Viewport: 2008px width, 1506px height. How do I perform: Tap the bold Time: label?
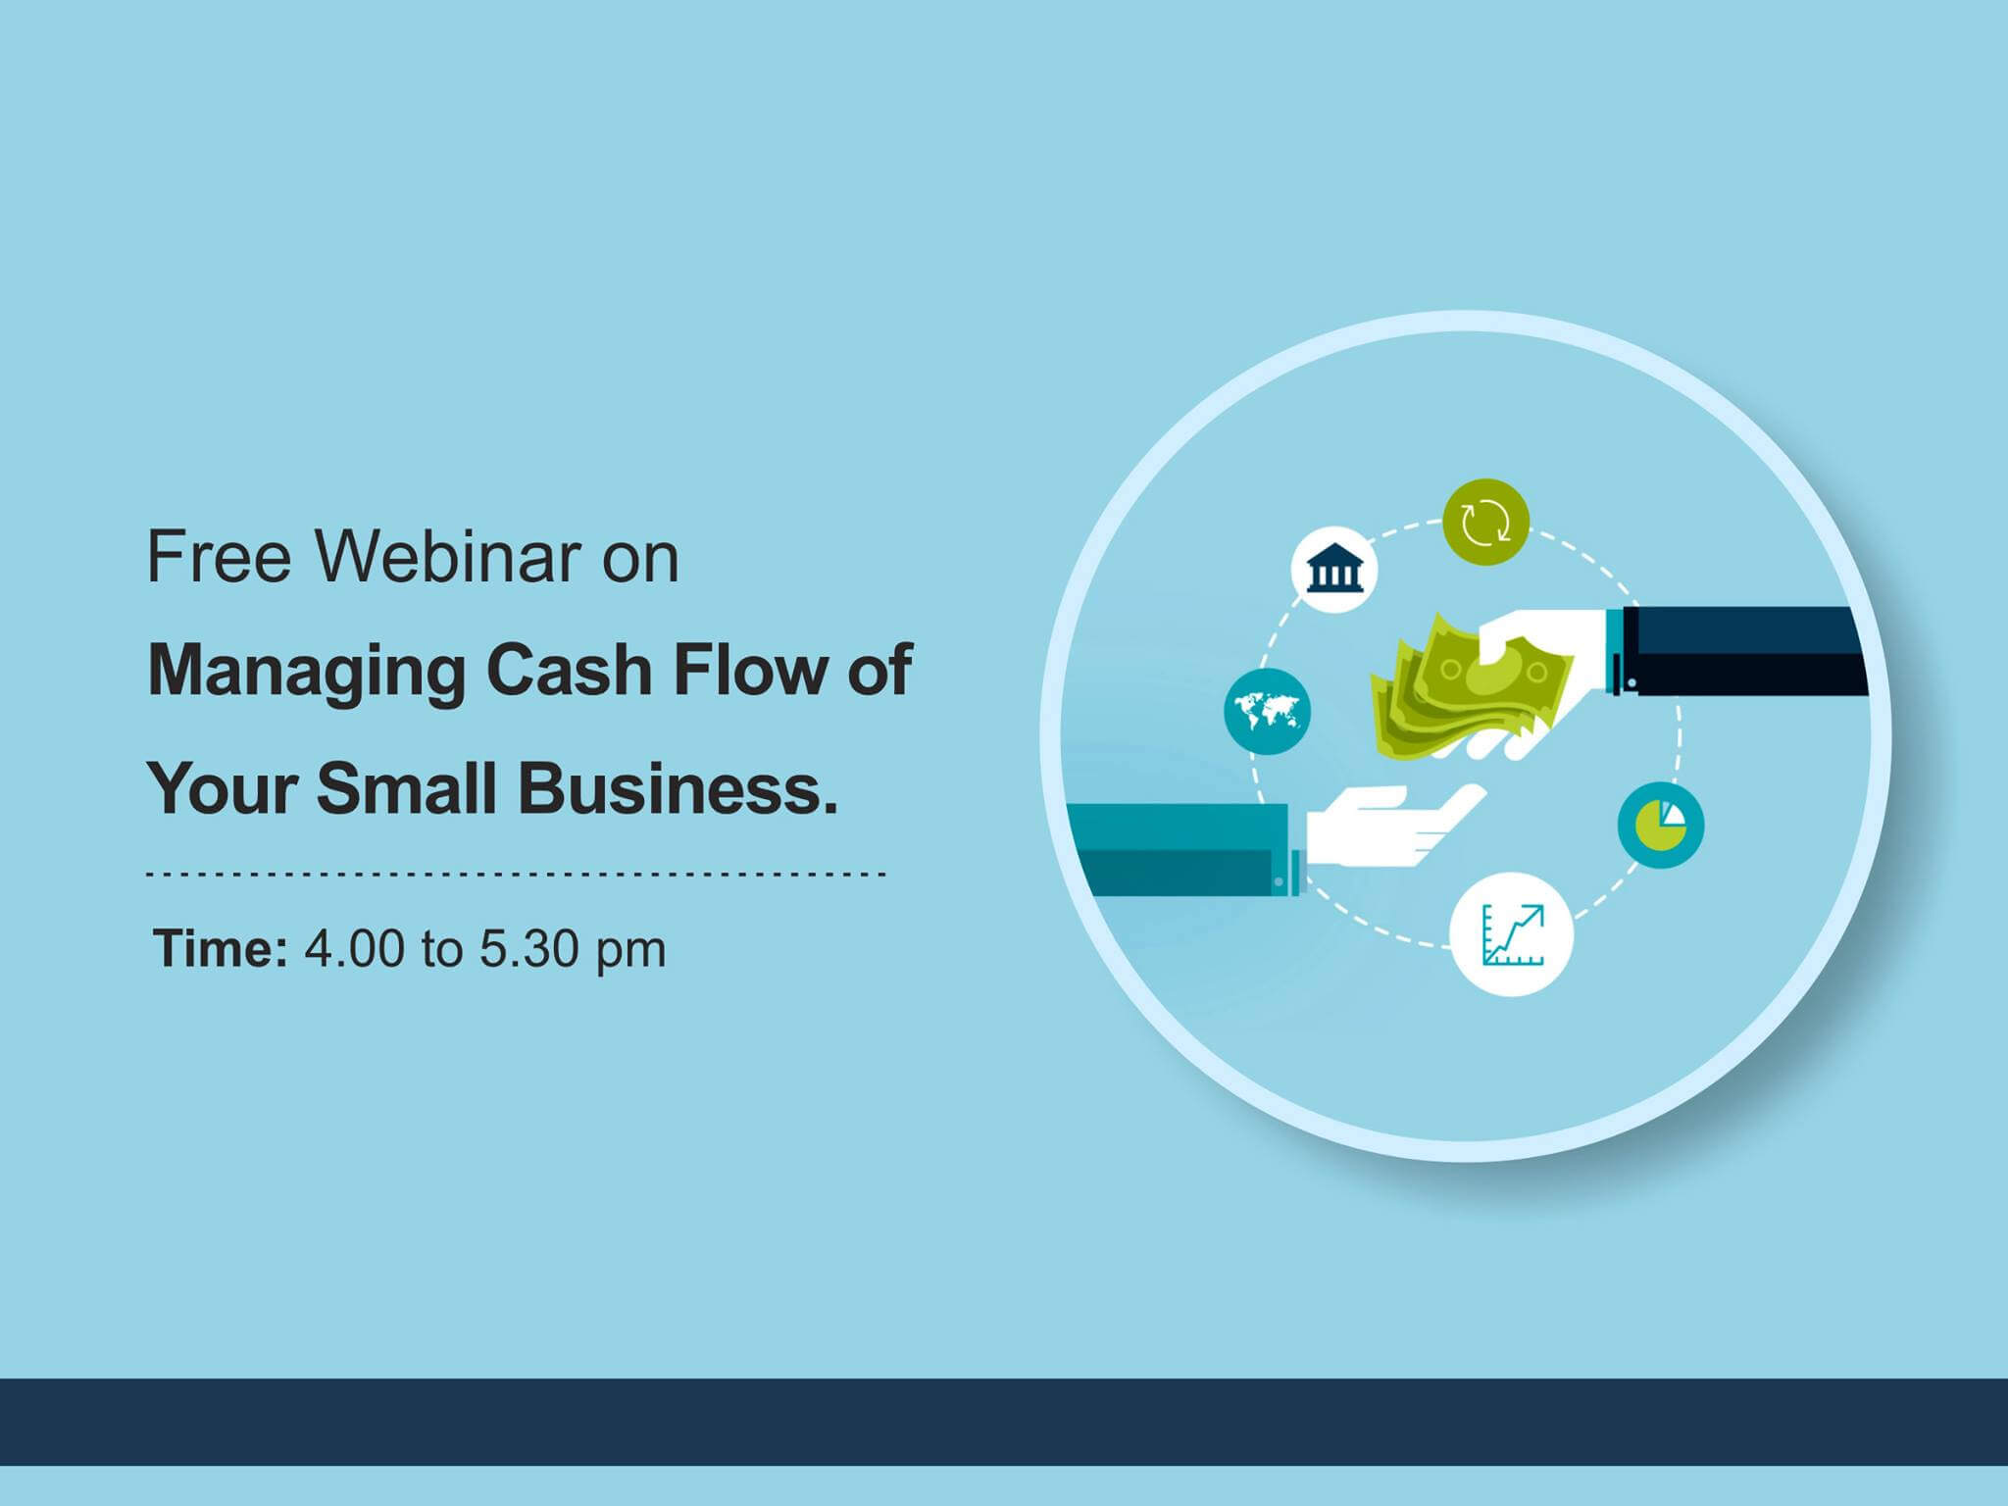(221, 948)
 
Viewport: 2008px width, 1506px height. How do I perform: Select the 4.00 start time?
(354, 948)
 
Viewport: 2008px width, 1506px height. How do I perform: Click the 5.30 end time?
(529, 948)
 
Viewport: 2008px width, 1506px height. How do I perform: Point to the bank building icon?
(1334, 571)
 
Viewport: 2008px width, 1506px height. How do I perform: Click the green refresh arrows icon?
(1486, 522)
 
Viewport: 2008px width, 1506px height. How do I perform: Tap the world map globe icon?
(1267, 711)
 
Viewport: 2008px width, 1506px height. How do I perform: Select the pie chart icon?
(1661, 825)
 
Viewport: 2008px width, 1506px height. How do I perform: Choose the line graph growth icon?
(1511, 933)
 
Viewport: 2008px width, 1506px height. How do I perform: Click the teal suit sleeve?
(1181, 849)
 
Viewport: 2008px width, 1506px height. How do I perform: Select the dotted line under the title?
(517, 872)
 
